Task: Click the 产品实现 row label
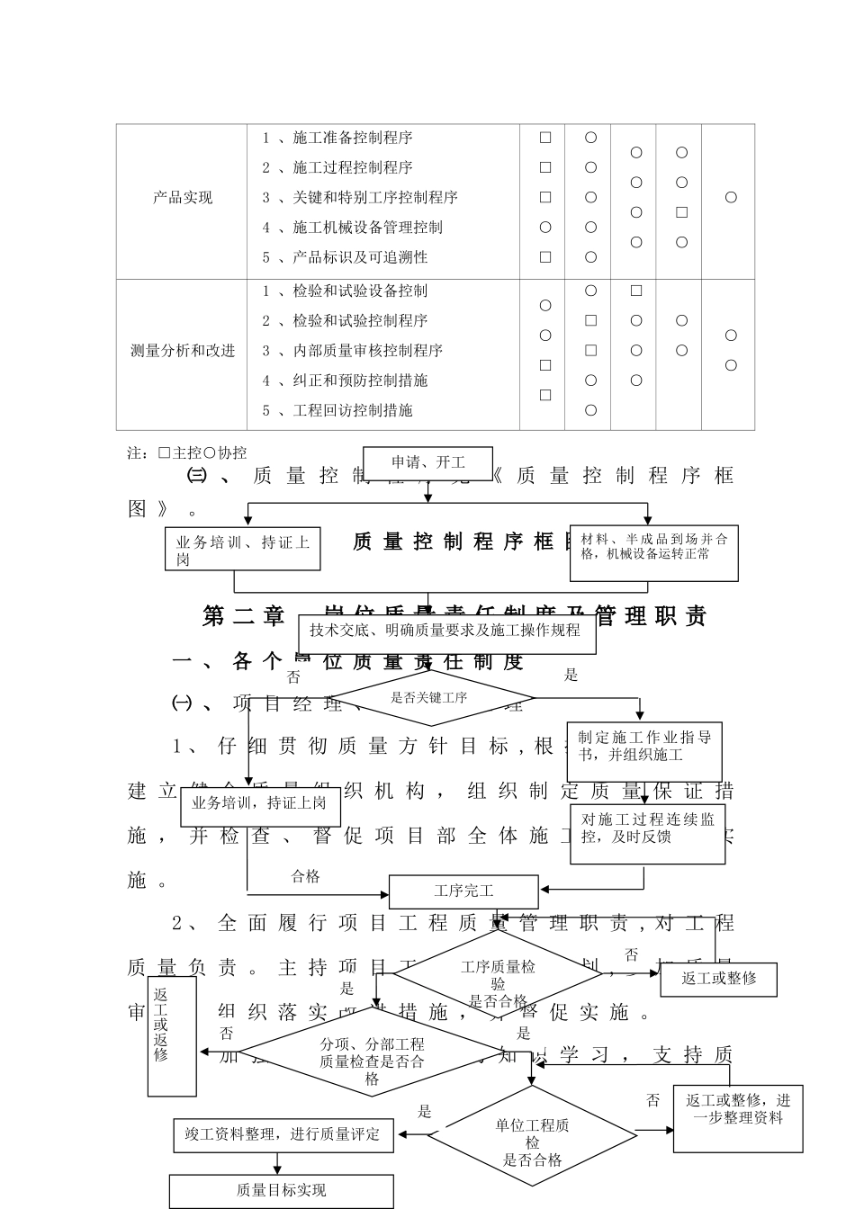pyautogui.click(x=183, y=198)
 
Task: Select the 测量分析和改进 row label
pyautogui.click(x=183, y=351)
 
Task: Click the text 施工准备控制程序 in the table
pyautogui.click(x=352, y=138)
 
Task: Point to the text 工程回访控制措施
pyautogui.click(x=352, y=410)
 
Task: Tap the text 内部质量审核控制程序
pyautogui.click(x=367, y=351)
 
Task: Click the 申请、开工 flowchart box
pyautogui.click(x=427, y=463)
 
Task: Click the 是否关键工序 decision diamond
pyautogui.click(x=430, y=697)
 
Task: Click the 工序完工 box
pyautogui.click(x=463, y=891)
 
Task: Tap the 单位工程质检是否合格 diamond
pyautogui.click(x=532, y=1138)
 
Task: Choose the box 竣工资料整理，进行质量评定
pyautogui.click(x=282, y=1135)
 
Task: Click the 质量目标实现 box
pyautogui.click(x=281, y=1190)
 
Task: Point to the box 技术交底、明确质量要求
pyautogui.click(x=445, y=632)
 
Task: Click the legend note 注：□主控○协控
pyautogui.click(x=187, y=452)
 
